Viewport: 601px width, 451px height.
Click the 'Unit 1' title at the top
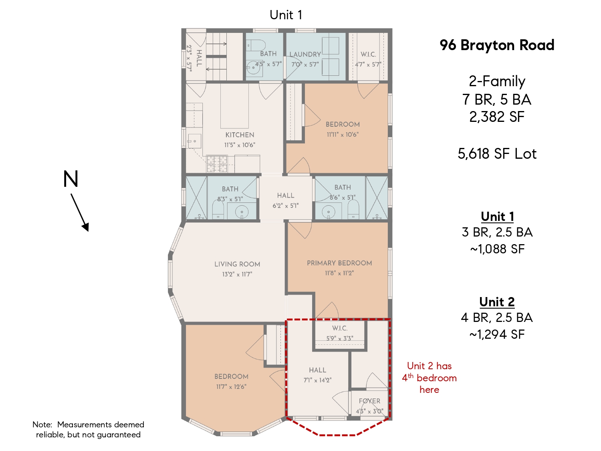(286, 15)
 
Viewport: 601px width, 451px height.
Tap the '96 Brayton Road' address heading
(497, 45)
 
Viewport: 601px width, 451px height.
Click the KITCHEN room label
(240, 135)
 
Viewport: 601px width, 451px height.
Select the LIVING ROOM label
(237, 264)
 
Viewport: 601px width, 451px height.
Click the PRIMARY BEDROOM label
(339, 263)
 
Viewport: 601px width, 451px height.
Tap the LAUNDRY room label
(305, 55)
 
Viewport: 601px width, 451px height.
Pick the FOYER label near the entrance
(369, 401)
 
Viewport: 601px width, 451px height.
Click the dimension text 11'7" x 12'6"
(231, 387)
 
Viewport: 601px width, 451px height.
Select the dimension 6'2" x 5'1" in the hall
(286, 206)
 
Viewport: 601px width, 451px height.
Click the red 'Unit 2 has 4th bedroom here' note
(429, 378)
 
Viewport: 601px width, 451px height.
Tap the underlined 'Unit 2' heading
(497, 302)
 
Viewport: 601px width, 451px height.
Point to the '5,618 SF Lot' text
(497, 154)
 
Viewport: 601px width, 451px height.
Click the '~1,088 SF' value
(497, 249)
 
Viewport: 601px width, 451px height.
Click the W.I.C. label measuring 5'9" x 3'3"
(340, 328)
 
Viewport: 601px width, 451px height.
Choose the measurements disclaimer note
(88, 429)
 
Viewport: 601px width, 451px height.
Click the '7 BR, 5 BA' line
(497, 99)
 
